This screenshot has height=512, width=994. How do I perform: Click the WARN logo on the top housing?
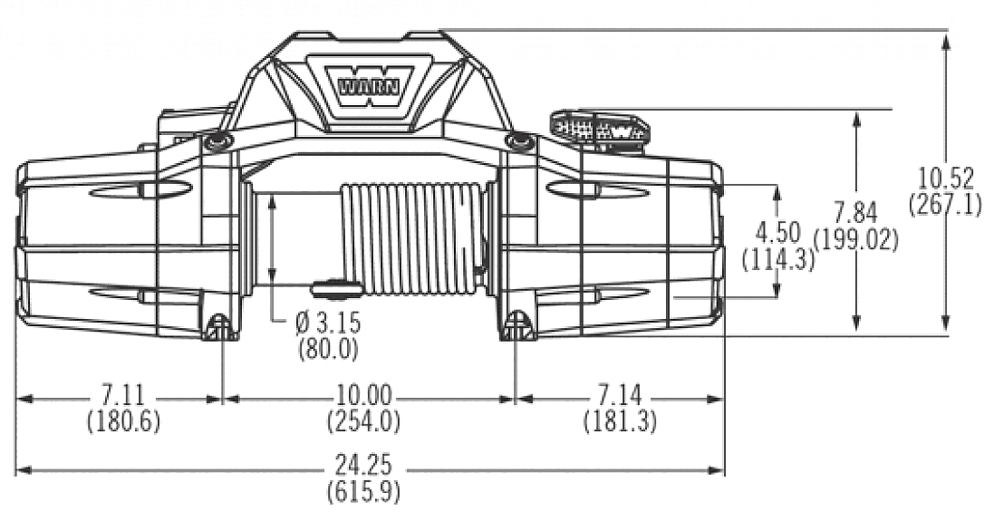[360, 88]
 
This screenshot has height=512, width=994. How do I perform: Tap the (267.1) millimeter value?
[945, 205]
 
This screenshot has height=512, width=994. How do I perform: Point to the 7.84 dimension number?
[855, 215]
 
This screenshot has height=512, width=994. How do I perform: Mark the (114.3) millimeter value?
[777, 259]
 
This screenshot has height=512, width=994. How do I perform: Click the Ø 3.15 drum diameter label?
[327, 324]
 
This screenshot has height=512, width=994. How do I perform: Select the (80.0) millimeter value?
[328, 347]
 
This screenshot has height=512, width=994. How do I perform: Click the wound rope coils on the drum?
[412, 237]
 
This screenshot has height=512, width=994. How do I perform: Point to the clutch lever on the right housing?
[600, 128]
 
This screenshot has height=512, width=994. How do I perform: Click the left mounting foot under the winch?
[218, 328]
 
